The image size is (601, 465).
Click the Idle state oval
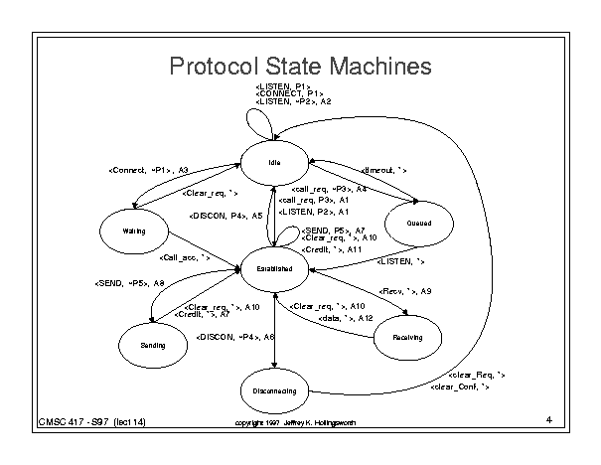point(275,163)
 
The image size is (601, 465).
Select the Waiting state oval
point(134,231)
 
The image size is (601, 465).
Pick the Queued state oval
point(419,224)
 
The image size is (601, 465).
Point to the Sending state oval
point(152,344)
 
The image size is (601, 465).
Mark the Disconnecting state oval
point(274,391)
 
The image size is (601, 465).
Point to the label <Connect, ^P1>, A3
point(148,170)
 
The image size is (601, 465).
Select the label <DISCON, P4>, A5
point(225,215)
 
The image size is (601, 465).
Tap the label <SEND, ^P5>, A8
point(129,283)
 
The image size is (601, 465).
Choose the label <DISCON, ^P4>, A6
point(234,338)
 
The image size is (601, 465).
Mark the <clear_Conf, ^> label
point(460,386)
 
